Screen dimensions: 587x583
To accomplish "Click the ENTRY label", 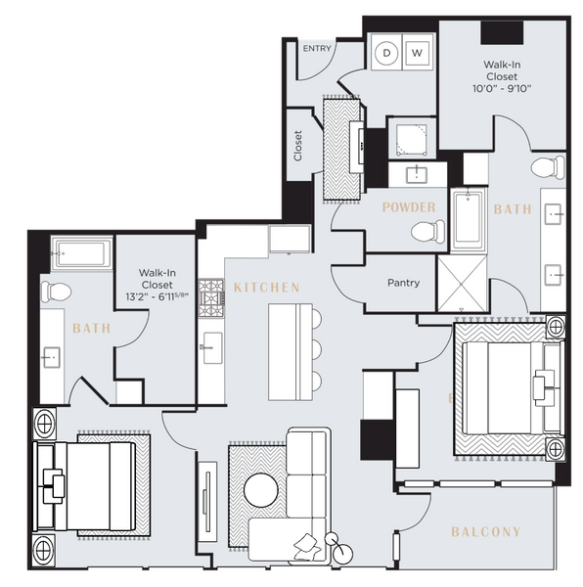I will [316, 48].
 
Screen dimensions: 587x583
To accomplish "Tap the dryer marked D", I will [387, 52].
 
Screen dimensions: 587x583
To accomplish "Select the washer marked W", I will [417, 52].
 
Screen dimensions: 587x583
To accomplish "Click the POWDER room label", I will [409, 207].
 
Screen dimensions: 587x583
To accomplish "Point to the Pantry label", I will [403, 283].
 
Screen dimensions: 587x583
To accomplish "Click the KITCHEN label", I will [266, 288].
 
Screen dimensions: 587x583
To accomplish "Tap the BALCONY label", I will [486, 532].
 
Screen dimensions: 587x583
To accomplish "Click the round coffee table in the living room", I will [260, 489].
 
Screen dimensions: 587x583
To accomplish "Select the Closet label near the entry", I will [297, 146].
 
